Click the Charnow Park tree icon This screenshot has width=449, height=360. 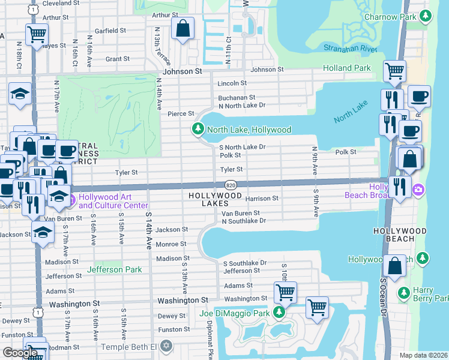[426, 16]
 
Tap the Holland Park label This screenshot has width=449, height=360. [346, 68]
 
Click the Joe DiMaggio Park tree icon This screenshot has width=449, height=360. [279, 312]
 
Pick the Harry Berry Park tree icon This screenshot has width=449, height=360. [404, 294]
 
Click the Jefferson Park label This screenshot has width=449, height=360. [115, 269]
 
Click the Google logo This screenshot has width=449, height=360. [20, 352]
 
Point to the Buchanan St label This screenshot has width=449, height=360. [237, 97]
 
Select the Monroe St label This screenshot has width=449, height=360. [171, 244]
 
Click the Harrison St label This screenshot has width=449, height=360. [262, 198]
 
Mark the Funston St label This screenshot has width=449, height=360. [174, 329]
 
